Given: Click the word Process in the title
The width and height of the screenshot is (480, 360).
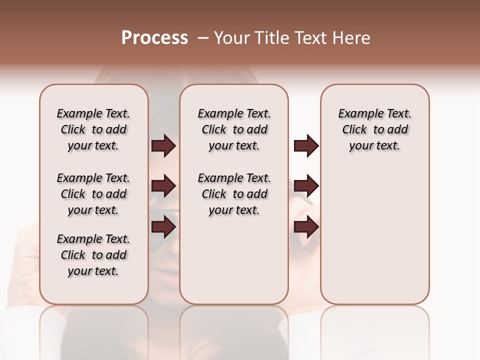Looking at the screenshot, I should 154,38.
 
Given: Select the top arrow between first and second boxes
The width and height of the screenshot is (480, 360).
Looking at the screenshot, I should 163,146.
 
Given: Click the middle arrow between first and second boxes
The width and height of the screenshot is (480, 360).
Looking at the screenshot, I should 163,186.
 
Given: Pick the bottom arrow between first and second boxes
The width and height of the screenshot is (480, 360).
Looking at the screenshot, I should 163,227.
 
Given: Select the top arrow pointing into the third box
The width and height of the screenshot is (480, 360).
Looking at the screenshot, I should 306,146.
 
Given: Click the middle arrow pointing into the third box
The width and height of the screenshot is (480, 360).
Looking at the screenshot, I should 306,186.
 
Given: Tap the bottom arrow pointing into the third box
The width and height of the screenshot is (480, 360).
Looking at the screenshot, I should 306,227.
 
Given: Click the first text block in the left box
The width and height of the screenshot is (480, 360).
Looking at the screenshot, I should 93,129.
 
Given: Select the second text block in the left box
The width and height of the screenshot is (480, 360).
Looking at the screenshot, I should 93,194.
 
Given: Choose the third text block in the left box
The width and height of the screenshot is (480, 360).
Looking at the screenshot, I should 93,255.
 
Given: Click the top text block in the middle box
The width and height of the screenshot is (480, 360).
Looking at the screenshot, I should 234,129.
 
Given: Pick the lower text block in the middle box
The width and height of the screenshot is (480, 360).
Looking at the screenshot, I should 234,194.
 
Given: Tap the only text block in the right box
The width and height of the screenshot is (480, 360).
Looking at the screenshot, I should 375,129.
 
